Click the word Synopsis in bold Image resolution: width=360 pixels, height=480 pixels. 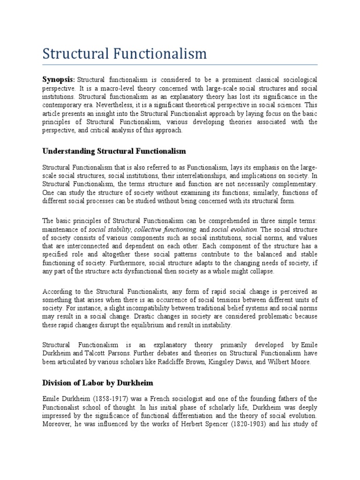click(59, 80)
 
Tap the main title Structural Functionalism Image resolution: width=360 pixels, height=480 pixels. click(124, 53)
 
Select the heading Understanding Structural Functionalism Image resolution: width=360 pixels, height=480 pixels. click(114, 151)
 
